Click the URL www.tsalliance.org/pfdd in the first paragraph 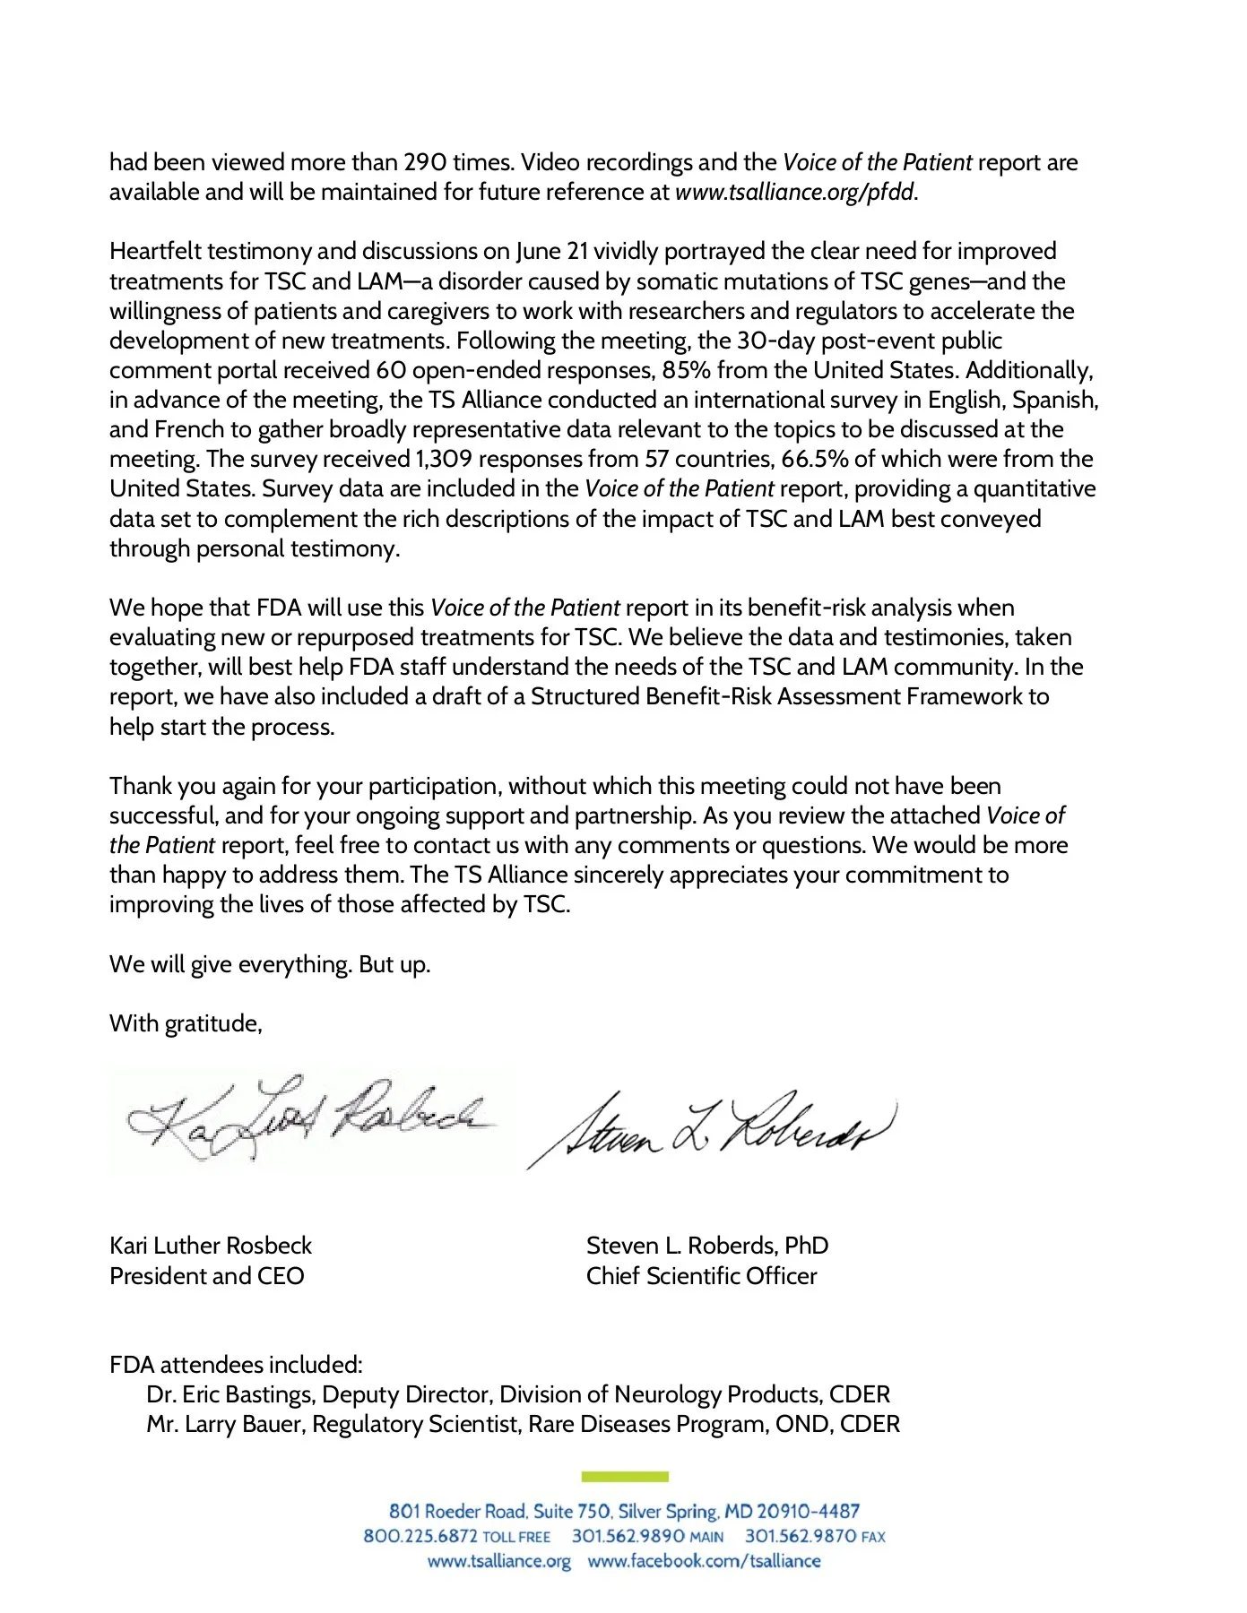795,193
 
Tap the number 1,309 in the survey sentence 444,460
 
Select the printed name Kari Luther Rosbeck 211,1246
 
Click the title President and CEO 207,1276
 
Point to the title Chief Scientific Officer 702,1276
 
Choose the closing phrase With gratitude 186,1023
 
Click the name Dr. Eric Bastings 230,1395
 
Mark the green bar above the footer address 625,1477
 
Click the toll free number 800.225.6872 420,1537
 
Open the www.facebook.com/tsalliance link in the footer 704,1561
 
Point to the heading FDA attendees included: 236,1365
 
